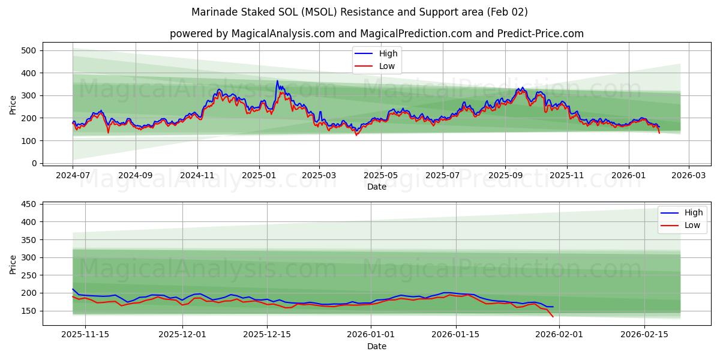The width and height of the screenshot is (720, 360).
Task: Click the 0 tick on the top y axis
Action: click(34, 163)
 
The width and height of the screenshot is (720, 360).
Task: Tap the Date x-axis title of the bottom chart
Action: click(376, 346)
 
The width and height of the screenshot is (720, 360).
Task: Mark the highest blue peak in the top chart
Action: click(277, 81)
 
